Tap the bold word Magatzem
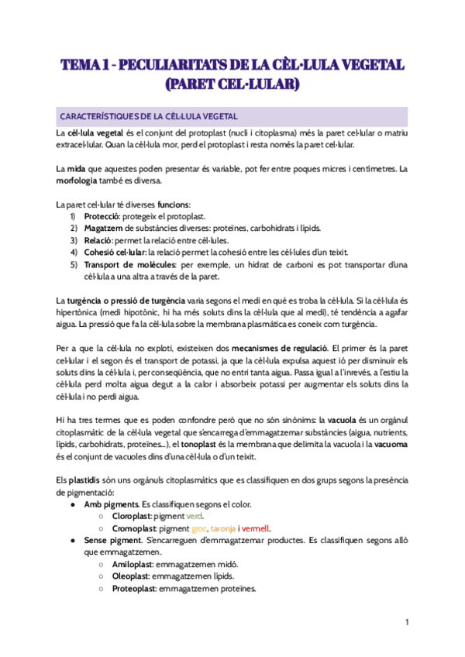[x=105, y=229]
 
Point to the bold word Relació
[x=98, y=240]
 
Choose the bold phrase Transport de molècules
[x=129, y=264]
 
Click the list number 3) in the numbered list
[x=73, y=240]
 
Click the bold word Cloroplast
[x=132, y=515]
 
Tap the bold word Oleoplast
[x=131, y=576]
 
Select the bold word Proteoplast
[x=133, y=588]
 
